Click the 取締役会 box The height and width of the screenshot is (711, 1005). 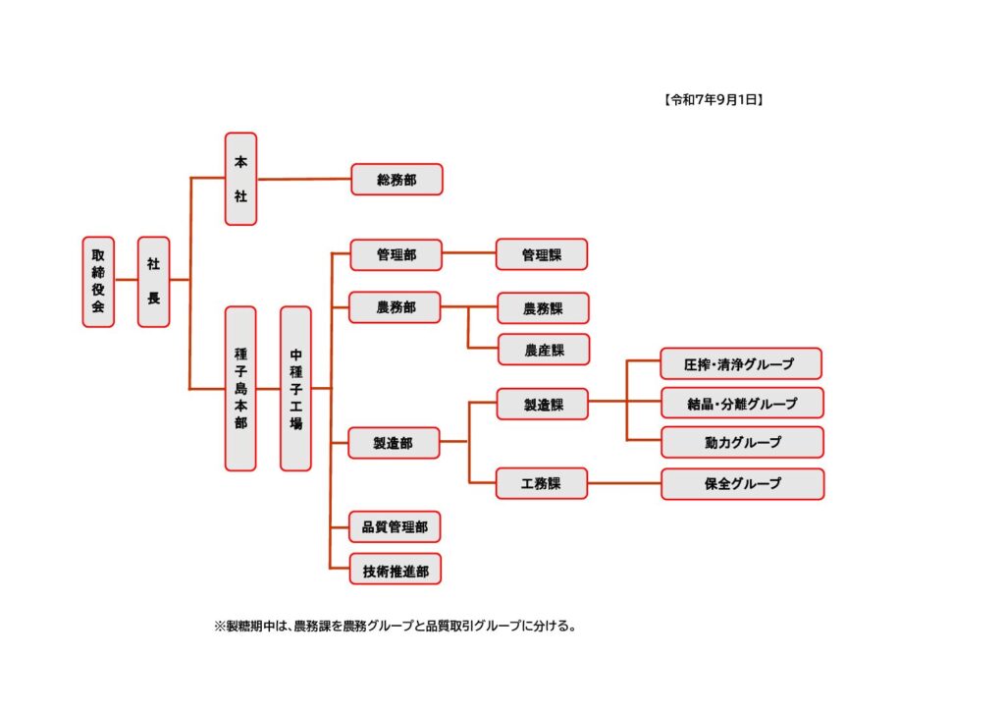[x=98, y=282]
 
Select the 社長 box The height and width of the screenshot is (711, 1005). [x=154, y=282]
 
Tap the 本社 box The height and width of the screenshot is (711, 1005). [x=241, y=179]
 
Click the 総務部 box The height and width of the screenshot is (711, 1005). [x=397, y=180]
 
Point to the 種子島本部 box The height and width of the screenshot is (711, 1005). [x=240, y=389]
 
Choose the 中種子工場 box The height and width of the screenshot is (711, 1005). [x=295, y=389]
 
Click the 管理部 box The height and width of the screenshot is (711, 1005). [x=397, y=254]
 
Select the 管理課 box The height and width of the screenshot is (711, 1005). [x=542, y=254]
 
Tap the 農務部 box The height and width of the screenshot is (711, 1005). [x=395, y=307]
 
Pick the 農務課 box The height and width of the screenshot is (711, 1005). [x=543, y=308]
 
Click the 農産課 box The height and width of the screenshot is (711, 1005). [x=544, y=350]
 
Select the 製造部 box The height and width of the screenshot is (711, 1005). [x=394, y=443]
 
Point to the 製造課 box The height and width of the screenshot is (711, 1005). [x=542, y=404]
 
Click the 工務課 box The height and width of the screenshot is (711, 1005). [x=542, y=483]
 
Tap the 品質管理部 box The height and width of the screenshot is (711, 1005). [x=395, y=527]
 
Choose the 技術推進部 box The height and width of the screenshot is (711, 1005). [x=396, y=570]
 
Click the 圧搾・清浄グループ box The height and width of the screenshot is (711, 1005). [x=741, y=364]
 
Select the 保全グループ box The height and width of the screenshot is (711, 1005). [x=743, y=484]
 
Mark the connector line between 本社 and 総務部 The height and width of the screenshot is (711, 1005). [x=304, y=180]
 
